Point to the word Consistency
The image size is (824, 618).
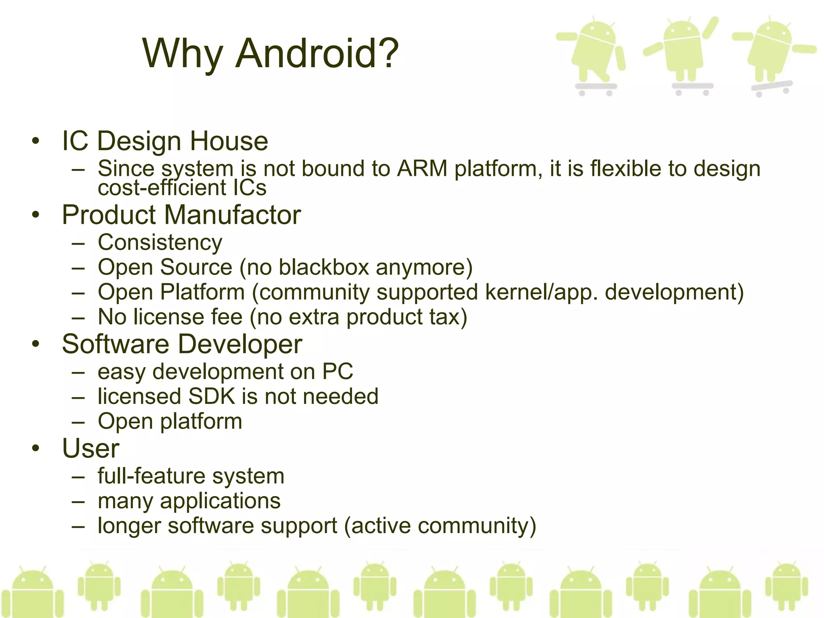(x=160, y=243)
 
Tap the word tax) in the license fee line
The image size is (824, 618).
(x=448, y=317)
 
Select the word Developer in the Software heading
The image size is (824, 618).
(x=240, y=344)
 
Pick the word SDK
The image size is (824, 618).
(x=212, y=396)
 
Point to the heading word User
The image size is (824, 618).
(x=91, y=448)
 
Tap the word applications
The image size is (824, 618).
(x=220, y=501)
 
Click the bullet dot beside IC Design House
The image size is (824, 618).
(x=36, y=141)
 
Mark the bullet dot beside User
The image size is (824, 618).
(x=36, y=448)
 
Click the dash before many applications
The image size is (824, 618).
(x=78, y=502)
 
